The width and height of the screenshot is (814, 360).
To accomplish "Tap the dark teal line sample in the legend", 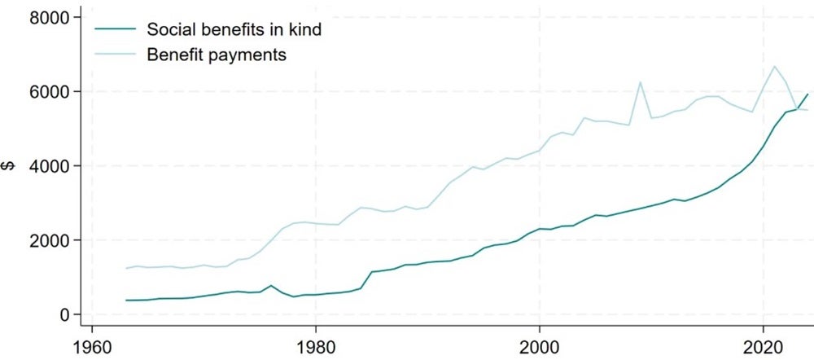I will (x=114, y=31).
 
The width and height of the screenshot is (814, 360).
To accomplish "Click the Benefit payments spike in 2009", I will (x=641, y=81).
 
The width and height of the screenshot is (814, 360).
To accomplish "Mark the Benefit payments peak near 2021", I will (x=775, y=66).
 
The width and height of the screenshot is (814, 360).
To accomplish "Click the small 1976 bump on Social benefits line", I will (x=271, y=286).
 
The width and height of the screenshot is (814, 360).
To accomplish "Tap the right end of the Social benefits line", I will (x=807, y=94).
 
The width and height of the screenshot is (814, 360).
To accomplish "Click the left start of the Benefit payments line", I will (x=126, y=268).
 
